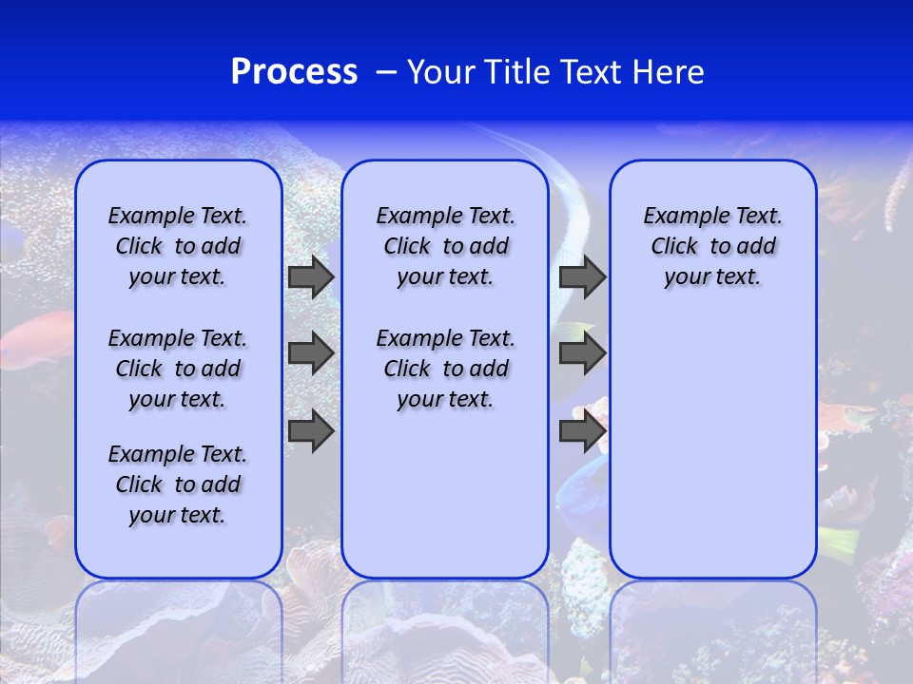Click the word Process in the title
pos(294,72)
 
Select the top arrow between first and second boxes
pos(311,277)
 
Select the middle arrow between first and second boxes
pos(311,353)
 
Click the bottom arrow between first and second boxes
pos(311,431)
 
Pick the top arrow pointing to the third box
pos(582,277)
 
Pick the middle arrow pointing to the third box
pos(582,353)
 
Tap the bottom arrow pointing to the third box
pos(582,431)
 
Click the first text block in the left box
pos(178,247)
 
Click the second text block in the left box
pos(178,369)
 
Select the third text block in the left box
pos(178,484)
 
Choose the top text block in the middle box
pos(446,247)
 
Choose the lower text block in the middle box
pos(446,369)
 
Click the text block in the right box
pos(713,247)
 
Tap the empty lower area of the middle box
pos(446,494)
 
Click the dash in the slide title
pos(386,72)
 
